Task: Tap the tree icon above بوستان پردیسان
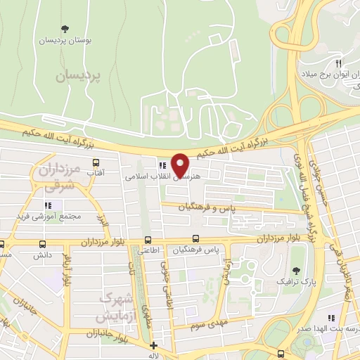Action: click(65, 29)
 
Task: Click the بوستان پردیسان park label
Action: click(65, 40)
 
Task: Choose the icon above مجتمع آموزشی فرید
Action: click(48, 205)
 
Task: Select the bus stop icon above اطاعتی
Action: click(147, 240)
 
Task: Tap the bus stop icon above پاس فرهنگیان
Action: click(195, 239)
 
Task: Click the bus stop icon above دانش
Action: click(41, 245)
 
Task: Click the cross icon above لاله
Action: click(154, 345)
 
